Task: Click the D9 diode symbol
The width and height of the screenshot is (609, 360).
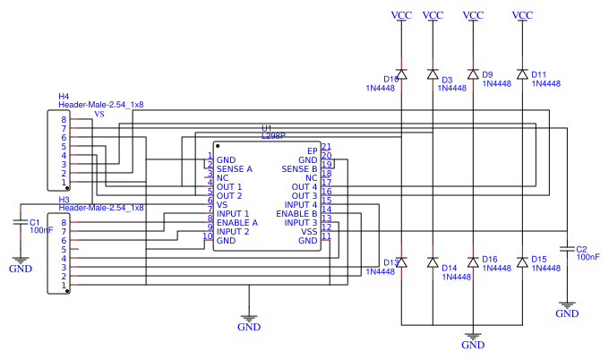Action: [473, 74]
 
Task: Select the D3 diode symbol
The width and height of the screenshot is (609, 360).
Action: [433, 74]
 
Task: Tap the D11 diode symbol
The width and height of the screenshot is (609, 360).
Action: [522, 74]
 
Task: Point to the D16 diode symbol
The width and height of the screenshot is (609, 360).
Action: [473, 262]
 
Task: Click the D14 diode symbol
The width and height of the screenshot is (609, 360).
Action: [433, 262]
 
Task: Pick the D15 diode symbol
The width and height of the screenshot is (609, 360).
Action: [522, 262]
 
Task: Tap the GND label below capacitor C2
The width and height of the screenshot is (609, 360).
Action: [567, 313]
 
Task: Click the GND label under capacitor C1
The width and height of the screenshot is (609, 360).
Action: [20, 268]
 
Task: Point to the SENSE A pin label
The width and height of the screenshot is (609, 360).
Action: [235, 168]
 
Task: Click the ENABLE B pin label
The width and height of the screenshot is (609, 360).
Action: [296, 214]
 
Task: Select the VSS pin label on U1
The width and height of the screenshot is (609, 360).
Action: [309, 232]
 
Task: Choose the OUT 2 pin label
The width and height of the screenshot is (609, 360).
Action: [229, 195]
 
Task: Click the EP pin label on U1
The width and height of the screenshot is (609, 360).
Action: [313, 150]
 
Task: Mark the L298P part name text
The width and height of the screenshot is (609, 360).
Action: [273, 136]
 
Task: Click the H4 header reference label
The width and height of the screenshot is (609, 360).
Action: [64, 96]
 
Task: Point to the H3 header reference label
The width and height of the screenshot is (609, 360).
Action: [64, 199]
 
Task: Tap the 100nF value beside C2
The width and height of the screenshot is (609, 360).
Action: [588, 257]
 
